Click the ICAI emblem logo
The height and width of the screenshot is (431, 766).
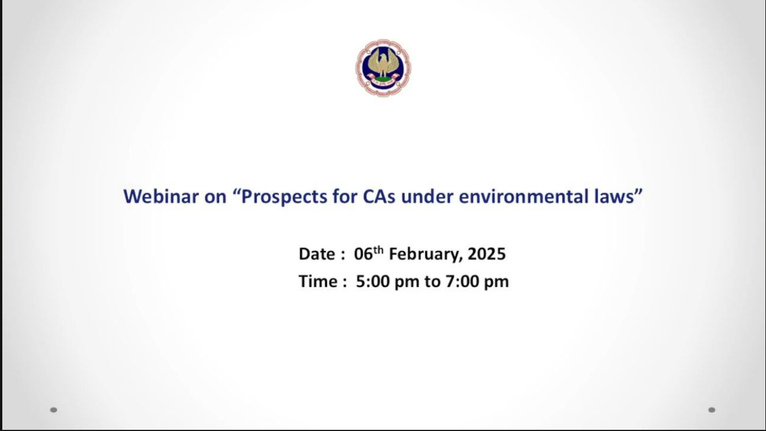383,68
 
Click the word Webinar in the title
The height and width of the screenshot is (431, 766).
161,196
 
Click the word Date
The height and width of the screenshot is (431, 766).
317,254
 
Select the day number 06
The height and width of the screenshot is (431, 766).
363,254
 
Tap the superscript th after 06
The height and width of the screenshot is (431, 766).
378,250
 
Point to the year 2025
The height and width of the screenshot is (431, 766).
487,254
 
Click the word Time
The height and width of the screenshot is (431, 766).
318,281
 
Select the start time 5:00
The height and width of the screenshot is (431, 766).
373,281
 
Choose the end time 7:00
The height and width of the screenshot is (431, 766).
462,281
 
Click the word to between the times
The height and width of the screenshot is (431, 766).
432,282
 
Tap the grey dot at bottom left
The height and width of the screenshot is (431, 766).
54,410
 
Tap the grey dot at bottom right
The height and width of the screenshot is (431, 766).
712,410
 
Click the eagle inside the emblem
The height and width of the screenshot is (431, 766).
383,64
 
